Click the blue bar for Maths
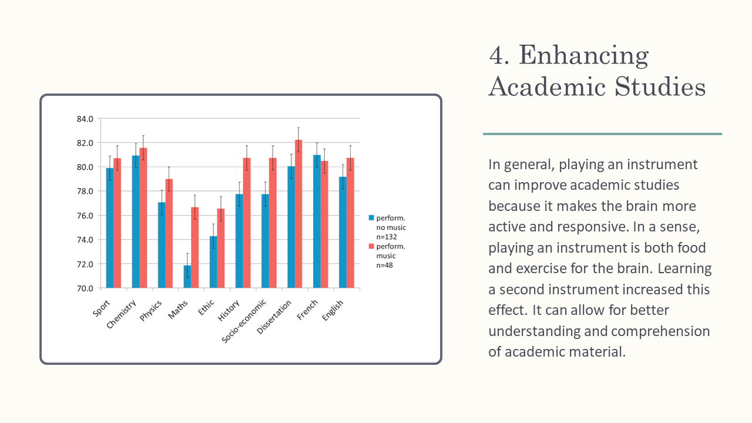click(x=187, y=277)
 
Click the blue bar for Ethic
click(x=213, y=262)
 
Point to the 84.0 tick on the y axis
click(x=85, y=119)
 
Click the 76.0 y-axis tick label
click(x=85, y=216)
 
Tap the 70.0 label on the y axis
click(x=85, y=288)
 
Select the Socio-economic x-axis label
click(x=245, y=321)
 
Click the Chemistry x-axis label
click(x=122, y=314)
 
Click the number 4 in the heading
click(x=498, y=56)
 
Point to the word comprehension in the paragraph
click(x=660, y=331)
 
